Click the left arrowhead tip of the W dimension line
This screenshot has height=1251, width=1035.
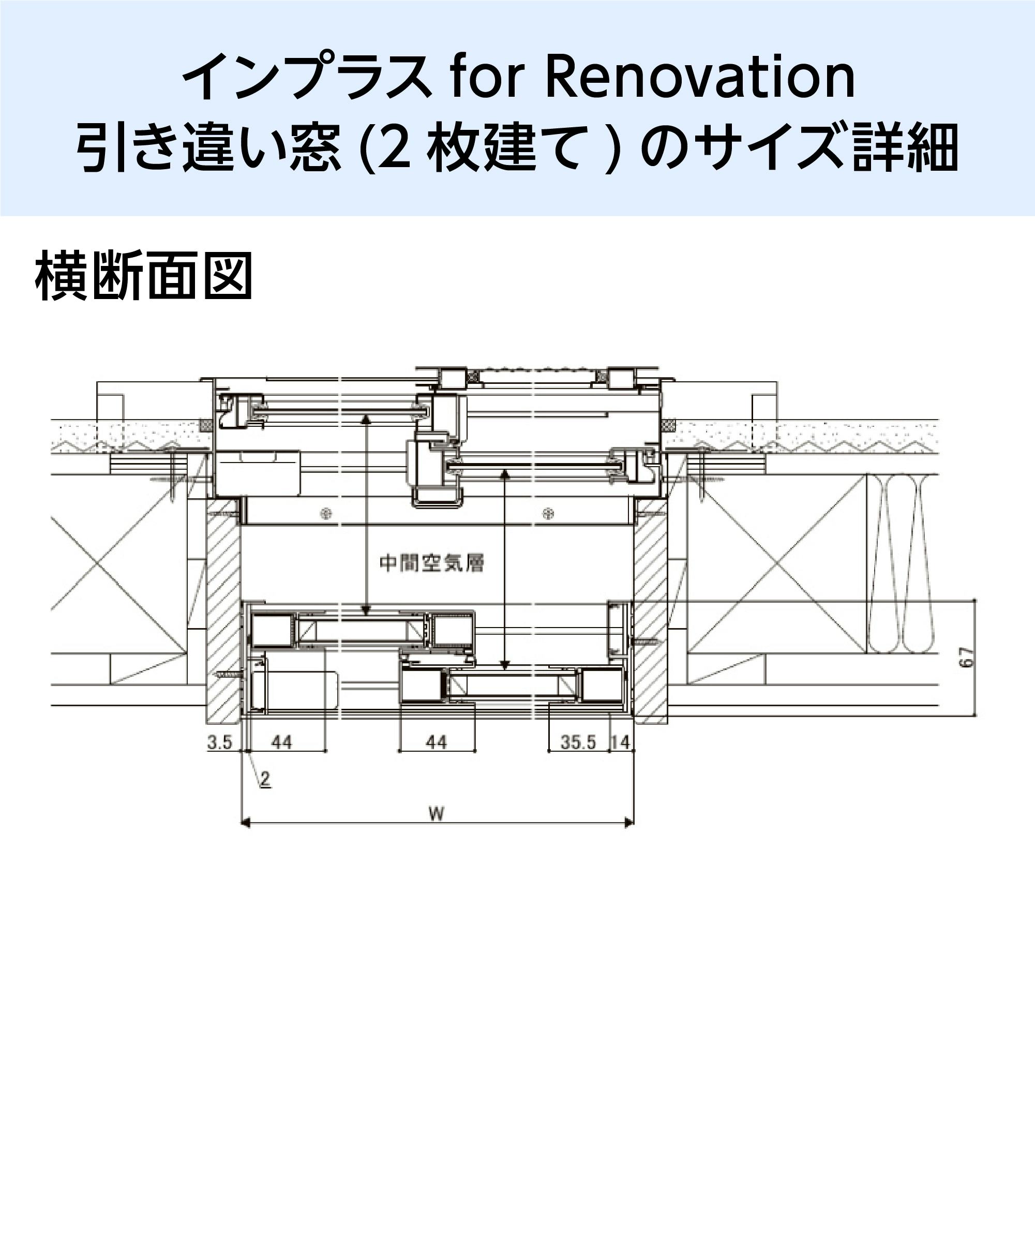(241, 823)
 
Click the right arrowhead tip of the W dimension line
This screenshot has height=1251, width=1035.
(634, 823)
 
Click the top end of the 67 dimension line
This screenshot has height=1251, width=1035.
(976, 601)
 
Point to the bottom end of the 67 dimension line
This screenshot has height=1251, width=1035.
(976, 715)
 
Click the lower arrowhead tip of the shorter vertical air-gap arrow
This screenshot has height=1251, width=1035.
(505, 669)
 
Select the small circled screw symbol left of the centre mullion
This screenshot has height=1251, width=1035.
(326, 513)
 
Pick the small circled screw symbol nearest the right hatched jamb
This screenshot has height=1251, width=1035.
(548, 513)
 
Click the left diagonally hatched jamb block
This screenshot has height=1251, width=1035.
(224, 610)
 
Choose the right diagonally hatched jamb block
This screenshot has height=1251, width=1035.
(650, 610)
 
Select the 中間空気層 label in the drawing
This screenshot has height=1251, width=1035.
(432, 563)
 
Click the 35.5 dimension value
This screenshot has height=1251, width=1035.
(578, 742)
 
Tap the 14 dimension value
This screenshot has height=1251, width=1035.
(620, 742)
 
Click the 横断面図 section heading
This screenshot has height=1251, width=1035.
(143, 276)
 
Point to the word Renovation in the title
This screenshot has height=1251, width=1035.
(700, 78)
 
